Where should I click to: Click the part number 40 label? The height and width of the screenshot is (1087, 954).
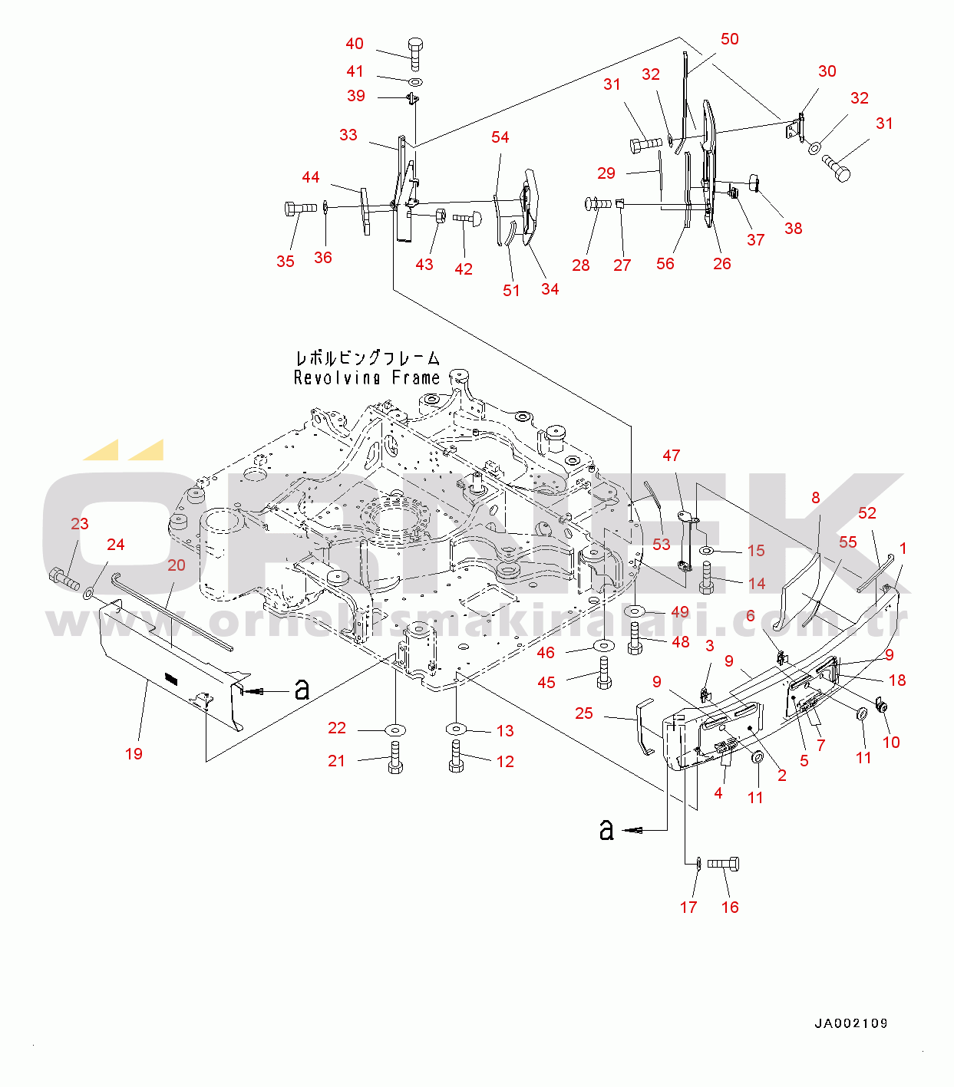click(x=355, y=44)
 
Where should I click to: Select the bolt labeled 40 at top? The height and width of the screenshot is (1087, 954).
click(x=415, y=54)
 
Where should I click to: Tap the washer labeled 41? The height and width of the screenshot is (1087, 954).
click(x=415, y=82)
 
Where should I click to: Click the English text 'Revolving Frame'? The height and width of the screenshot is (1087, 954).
click(x=367, y=377)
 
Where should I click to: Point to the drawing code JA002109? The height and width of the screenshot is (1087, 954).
click(x=851, y=1023)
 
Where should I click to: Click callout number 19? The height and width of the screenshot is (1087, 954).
click(x=134, y=754)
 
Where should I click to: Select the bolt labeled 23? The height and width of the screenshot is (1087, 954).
click(x=64, y=579)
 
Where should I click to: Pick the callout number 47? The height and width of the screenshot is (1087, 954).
click(x=671, y=456)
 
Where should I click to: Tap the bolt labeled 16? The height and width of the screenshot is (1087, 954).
click(x=723, y=864)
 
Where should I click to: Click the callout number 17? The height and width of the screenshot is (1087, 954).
click(x=688, y=907)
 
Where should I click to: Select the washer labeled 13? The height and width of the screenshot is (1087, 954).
click(x=457, y=729)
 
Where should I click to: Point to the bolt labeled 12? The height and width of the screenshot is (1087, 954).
click(x=456, y=756)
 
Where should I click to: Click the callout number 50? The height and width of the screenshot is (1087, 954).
click(x=730, y=39)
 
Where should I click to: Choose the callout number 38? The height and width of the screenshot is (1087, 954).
click(x=793, y=229)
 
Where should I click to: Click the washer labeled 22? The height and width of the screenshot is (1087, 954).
click(x=396, y=730)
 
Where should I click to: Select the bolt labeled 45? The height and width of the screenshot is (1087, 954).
click(x=605, y=673)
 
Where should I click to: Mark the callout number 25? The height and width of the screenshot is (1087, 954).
click(x=583, y=713)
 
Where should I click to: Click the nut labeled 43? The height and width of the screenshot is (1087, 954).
click(x=440, y=216)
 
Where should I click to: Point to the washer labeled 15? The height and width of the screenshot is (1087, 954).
click(x=707, y=551)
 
